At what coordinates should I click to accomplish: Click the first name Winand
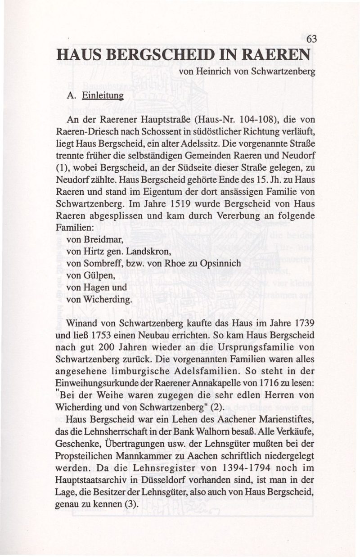pyautogui.click(x=83, y=323)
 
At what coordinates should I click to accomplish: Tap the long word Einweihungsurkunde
pyautogui.click(x=92, y=382)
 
